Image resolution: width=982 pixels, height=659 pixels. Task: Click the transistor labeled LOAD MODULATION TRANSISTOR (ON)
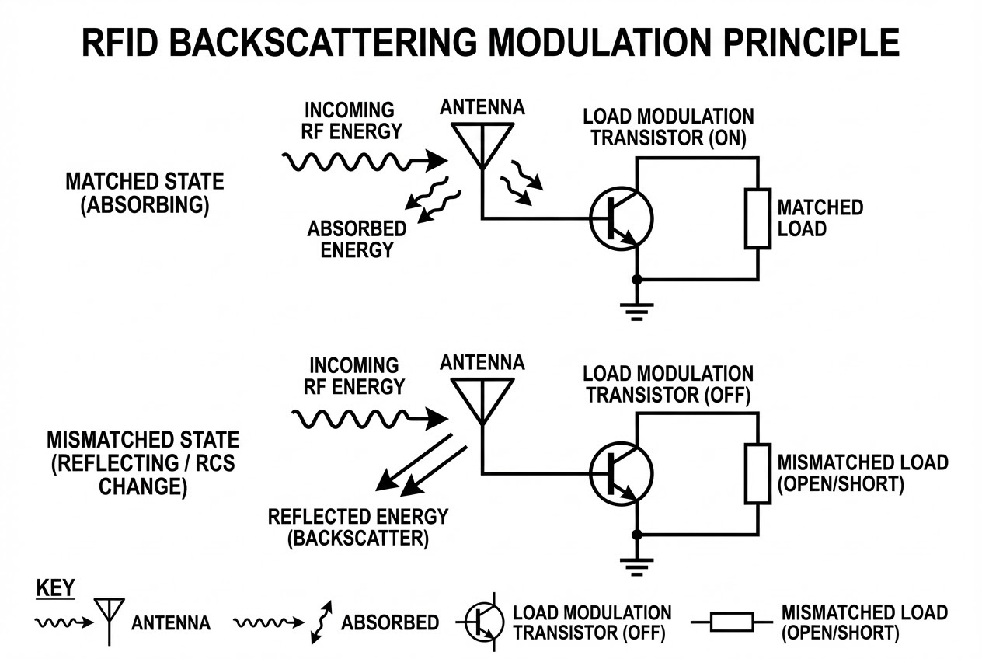(621, 218)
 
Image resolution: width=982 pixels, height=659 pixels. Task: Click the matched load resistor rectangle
(757, 218)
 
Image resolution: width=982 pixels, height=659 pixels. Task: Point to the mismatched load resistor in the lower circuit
(757, 473)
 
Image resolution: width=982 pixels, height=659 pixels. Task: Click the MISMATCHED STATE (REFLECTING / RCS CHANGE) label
(143, 463)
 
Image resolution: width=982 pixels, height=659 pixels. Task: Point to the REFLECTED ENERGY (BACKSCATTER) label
(358, 528)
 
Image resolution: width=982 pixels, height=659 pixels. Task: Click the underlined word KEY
(55, 588)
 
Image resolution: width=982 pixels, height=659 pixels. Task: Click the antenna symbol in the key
(109, 618)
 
